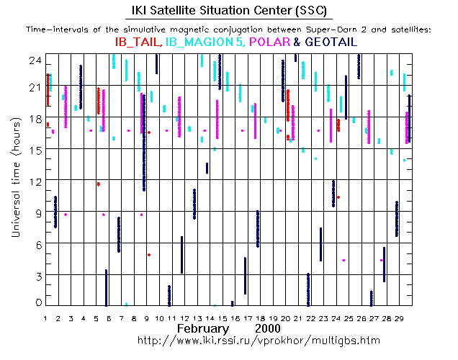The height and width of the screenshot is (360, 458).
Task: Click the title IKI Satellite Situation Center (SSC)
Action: (229, 10)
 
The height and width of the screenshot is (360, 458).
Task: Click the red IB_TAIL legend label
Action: (138, 42)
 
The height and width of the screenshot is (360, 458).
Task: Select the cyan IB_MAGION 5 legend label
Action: (205, 42)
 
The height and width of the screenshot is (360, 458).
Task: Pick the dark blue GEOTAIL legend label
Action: (331, 42)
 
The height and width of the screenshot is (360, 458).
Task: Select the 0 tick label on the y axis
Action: (37, 302)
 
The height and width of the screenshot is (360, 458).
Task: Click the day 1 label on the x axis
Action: (46, 317)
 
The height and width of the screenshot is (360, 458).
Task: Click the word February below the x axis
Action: (206, 328)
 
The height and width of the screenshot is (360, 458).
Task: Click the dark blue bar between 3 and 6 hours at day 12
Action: (181, 254)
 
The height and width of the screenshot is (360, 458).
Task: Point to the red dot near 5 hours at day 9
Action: (149, 255)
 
